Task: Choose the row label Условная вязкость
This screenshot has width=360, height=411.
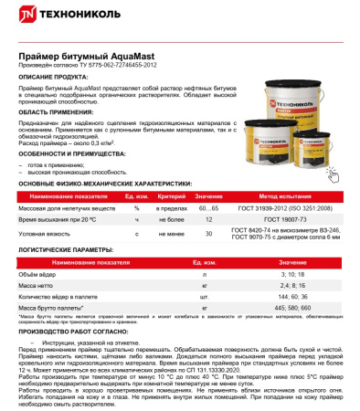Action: (x=44, y=236)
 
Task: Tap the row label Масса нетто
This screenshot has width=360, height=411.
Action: (x=35, y=285)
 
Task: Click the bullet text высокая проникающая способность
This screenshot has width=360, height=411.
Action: (x=80, y=171)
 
